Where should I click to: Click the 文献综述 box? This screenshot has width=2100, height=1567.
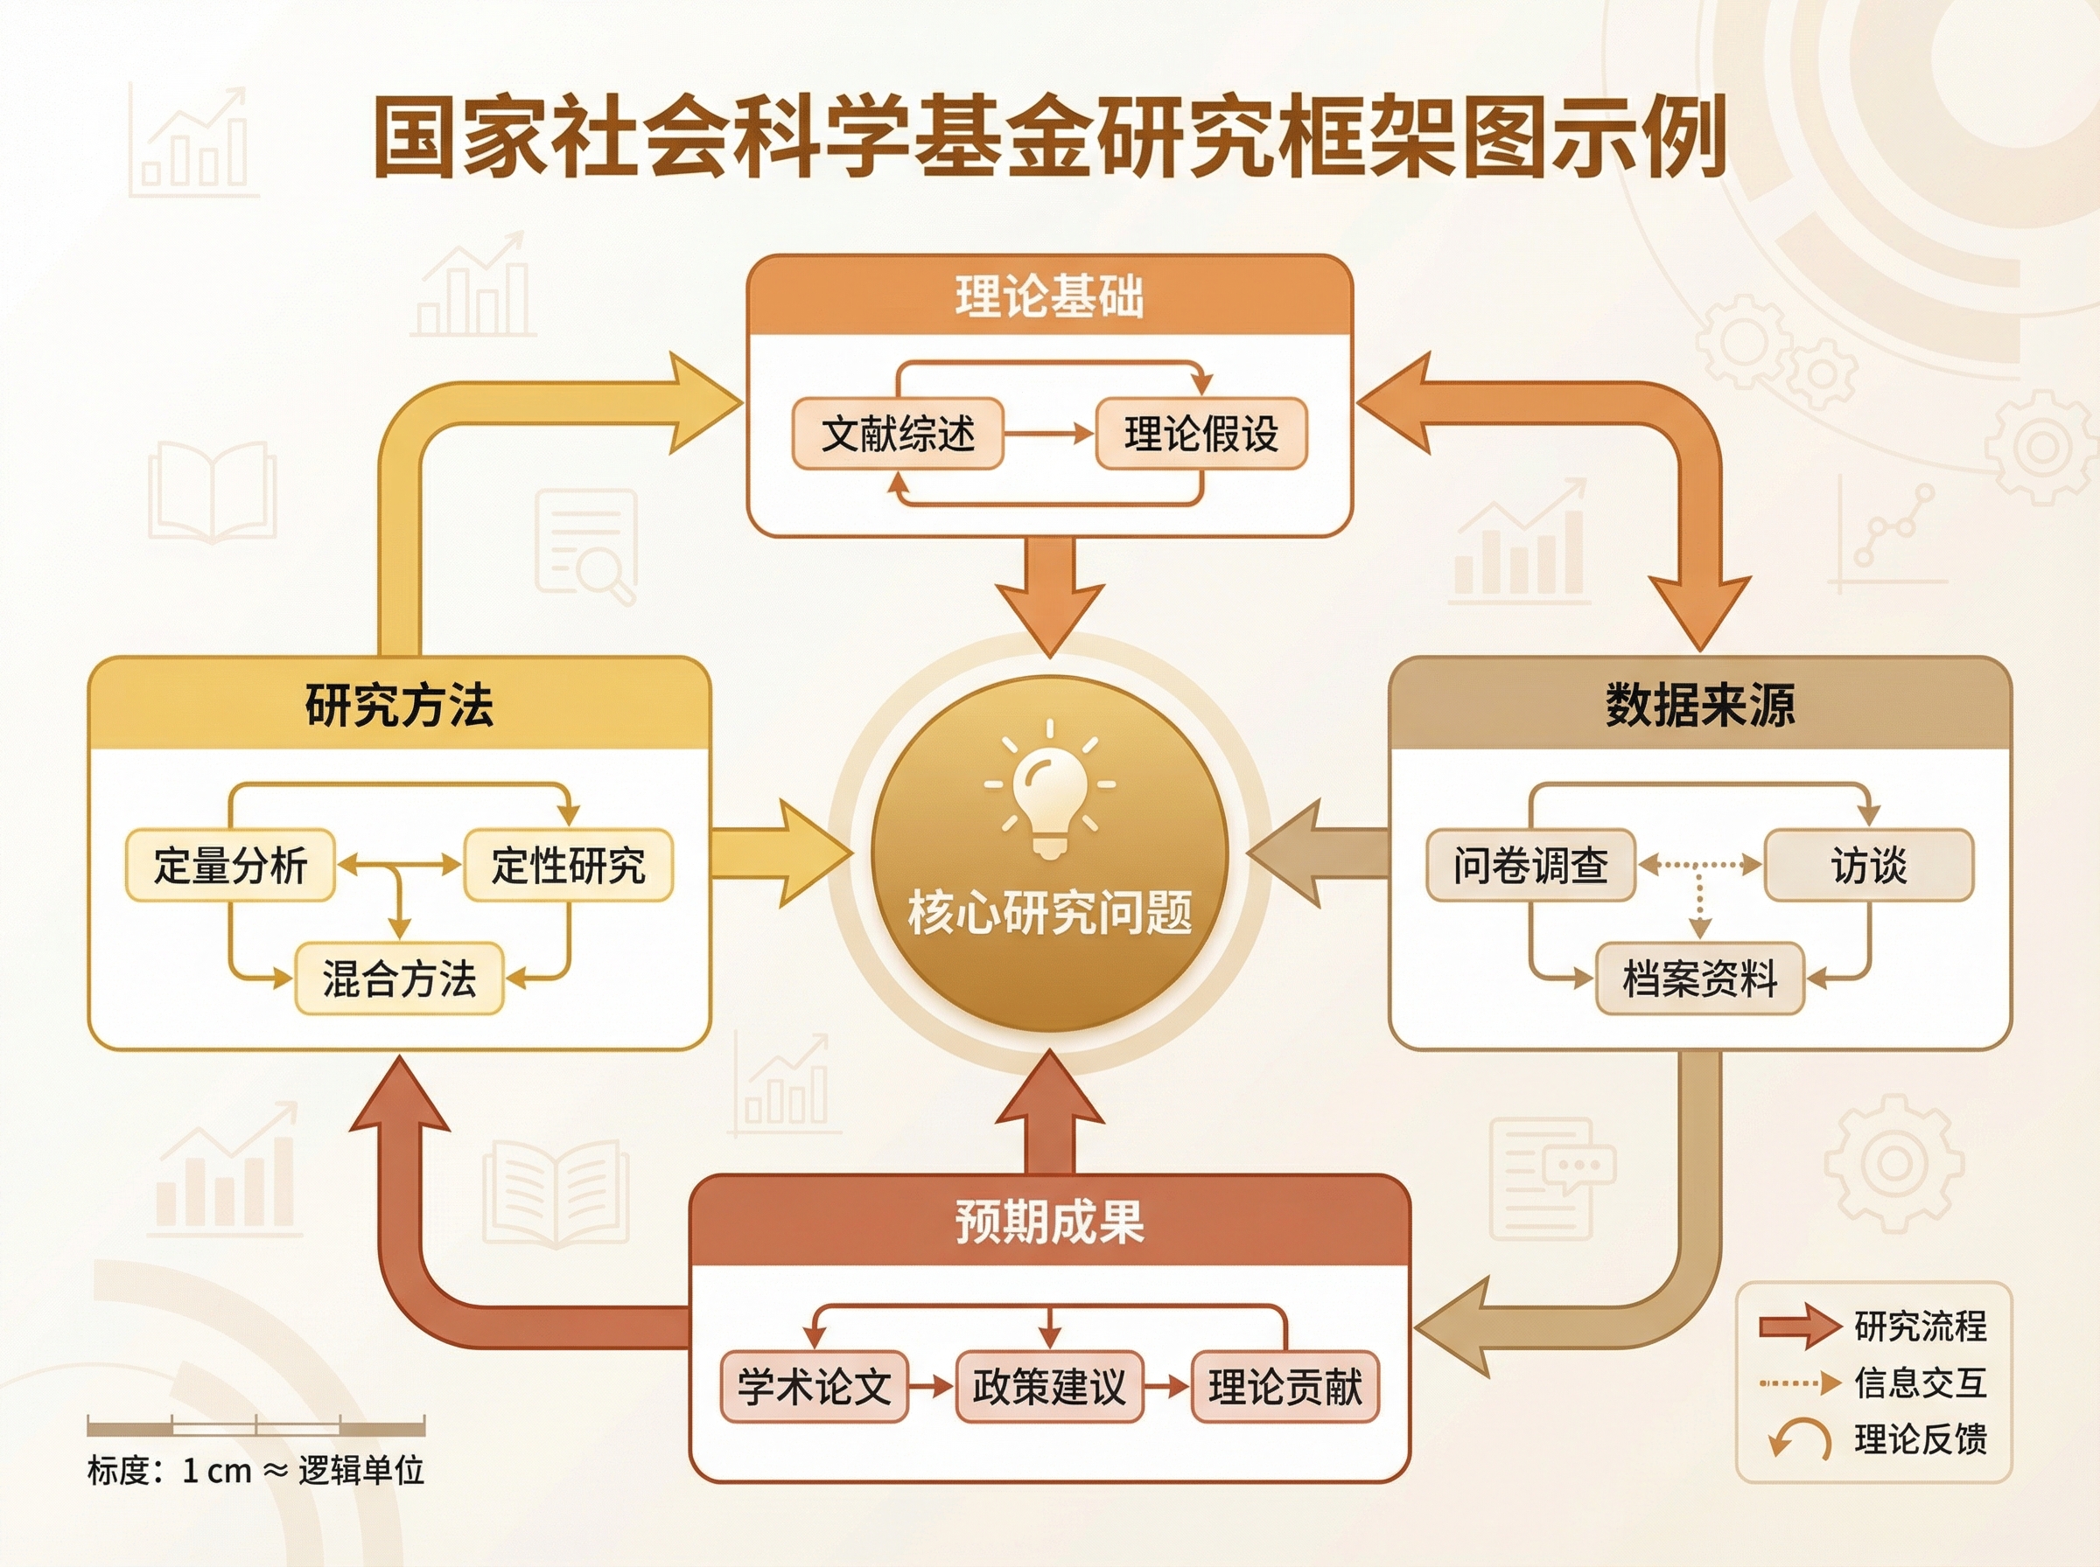tap(897, 435)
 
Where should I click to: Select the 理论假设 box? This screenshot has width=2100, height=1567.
tap(1201, 435)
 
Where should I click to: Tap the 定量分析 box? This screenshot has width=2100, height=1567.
tap(231, 865)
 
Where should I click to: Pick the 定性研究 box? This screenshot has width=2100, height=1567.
tap(568, 865)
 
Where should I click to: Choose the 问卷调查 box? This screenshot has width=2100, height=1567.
tap(1530, 865)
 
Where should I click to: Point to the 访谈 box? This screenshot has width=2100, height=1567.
tap(1868, 865)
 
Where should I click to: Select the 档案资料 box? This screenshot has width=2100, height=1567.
tap(1699, 978)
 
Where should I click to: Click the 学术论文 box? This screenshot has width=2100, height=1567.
tap(815, 1387)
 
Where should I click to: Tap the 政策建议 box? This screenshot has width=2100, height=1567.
tap(1048, 1387)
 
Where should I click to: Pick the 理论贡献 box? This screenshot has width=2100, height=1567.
tap(1284, 1387)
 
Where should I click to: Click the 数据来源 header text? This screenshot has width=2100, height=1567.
tap(1699, 705)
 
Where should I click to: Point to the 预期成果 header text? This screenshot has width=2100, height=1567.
tap(1048, 1222)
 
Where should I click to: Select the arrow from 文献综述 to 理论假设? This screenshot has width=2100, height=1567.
tap(1048, 435)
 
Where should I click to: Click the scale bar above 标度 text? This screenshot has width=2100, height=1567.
tap(255, 1425)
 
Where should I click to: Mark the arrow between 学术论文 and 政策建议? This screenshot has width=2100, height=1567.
tap(931, 1387)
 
